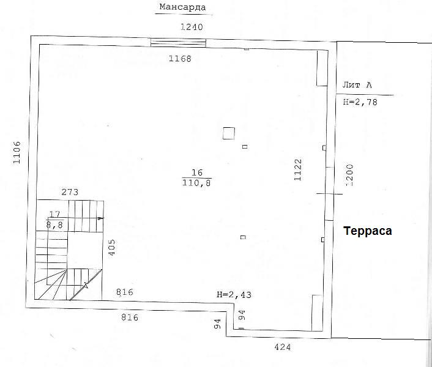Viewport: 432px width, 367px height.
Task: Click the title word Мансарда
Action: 182,7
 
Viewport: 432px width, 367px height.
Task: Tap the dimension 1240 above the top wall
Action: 192,27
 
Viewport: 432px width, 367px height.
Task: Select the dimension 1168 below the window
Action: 180,59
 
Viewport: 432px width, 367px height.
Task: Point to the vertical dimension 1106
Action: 17,152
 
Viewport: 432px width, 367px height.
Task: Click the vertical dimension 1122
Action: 298,170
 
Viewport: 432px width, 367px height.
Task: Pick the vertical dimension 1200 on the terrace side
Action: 349,176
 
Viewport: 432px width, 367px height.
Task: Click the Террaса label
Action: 368,231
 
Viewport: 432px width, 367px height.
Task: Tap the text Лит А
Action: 357,85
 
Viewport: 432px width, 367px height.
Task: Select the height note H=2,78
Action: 360,102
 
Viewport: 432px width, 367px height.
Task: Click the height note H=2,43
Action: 234,295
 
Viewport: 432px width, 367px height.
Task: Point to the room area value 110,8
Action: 196,182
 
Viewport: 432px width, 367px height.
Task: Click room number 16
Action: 197,172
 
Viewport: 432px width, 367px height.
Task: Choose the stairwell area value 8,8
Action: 54,225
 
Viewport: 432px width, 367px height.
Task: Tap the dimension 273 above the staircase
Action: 70,192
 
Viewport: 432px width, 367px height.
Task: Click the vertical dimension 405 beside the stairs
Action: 112,248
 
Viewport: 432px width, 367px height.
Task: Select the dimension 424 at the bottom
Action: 283,347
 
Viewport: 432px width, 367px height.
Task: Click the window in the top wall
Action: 178,43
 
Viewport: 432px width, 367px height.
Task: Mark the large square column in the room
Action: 229,133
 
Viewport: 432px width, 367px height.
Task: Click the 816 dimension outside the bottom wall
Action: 130,317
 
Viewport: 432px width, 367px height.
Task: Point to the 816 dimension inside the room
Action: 125,292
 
